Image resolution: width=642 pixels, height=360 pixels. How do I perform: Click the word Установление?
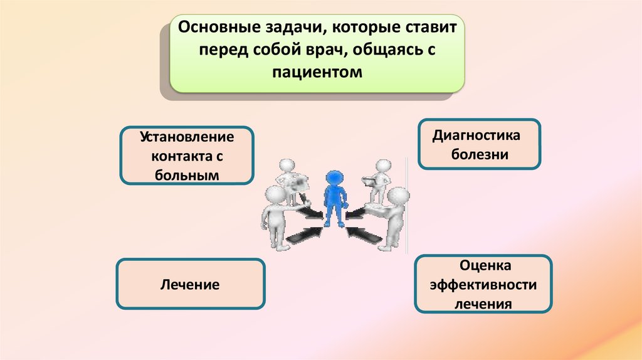point(187,137)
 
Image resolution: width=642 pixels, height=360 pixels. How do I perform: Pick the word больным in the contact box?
point(187,176)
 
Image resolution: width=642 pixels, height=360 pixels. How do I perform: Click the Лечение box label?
point(190,285)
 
